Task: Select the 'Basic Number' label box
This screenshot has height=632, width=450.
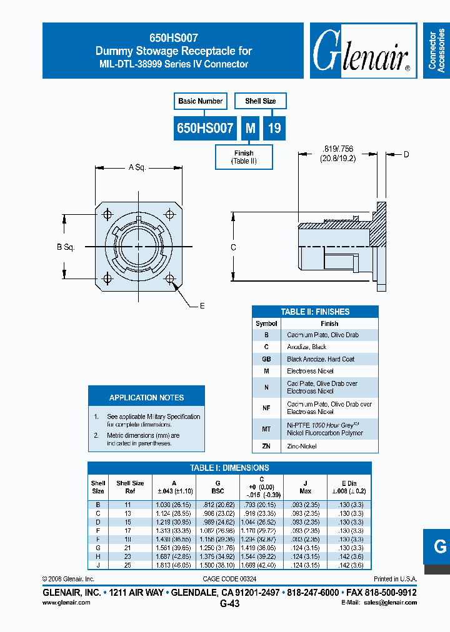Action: click(200, 101)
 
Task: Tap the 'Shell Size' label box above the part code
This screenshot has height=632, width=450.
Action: click(260, 101)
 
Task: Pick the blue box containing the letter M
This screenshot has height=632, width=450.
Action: click(250, 129)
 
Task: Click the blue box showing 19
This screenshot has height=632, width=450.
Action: click(274, 129)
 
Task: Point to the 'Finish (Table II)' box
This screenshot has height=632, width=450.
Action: click(244, 157)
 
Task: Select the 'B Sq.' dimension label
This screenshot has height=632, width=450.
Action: click(66, 247)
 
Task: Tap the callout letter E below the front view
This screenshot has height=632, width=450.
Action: click(202, 306)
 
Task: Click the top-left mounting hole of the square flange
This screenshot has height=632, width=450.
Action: click(107, 215)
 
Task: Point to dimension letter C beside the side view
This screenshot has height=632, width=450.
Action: click(233, 247)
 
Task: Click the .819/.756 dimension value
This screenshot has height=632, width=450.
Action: click(337, 149)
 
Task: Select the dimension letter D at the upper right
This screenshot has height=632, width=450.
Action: click(406, 154)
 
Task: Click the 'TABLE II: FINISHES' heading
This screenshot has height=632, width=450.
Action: click(315, 312)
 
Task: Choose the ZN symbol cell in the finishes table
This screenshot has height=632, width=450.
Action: click(266, 447)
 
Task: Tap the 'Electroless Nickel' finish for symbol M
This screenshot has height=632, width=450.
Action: click(310, 371)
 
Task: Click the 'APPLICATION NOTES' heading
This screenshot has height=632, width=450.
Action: click(146, 398)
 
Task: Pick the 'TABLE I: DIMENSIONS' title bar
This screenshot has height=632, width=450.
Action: click(229, 468)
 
